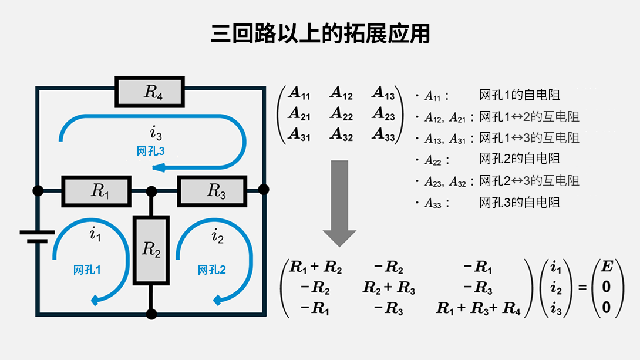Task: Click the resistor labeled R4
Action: point(150,92)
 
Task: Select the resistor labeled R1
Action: point(96,191)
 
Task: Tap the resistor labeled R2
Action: point(151,250)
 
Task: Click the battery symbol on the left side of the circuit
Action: point(37,236)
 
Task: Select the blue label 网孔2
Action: point(212,270)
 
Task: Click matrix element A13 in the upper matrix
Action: point(383,93)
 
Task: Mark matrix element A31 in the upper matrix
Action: point(299,134)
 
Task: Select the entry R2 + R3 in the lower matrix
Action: point(389,288)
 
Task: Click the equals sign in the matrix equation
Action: point(582,288)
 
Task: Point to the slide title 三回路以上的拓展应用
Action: point(320,34)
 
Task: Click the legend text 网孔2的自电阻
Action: point(520,159)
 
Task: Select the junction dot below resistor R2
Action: point(151,314)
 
